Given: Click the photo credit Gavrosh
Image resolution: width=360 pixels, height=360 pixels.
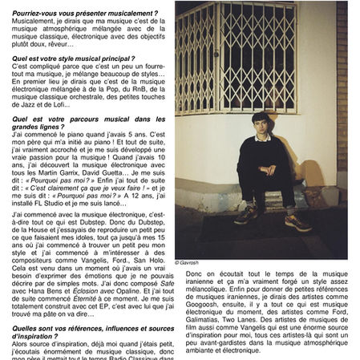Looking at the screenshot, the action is [x=188, y=261].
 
